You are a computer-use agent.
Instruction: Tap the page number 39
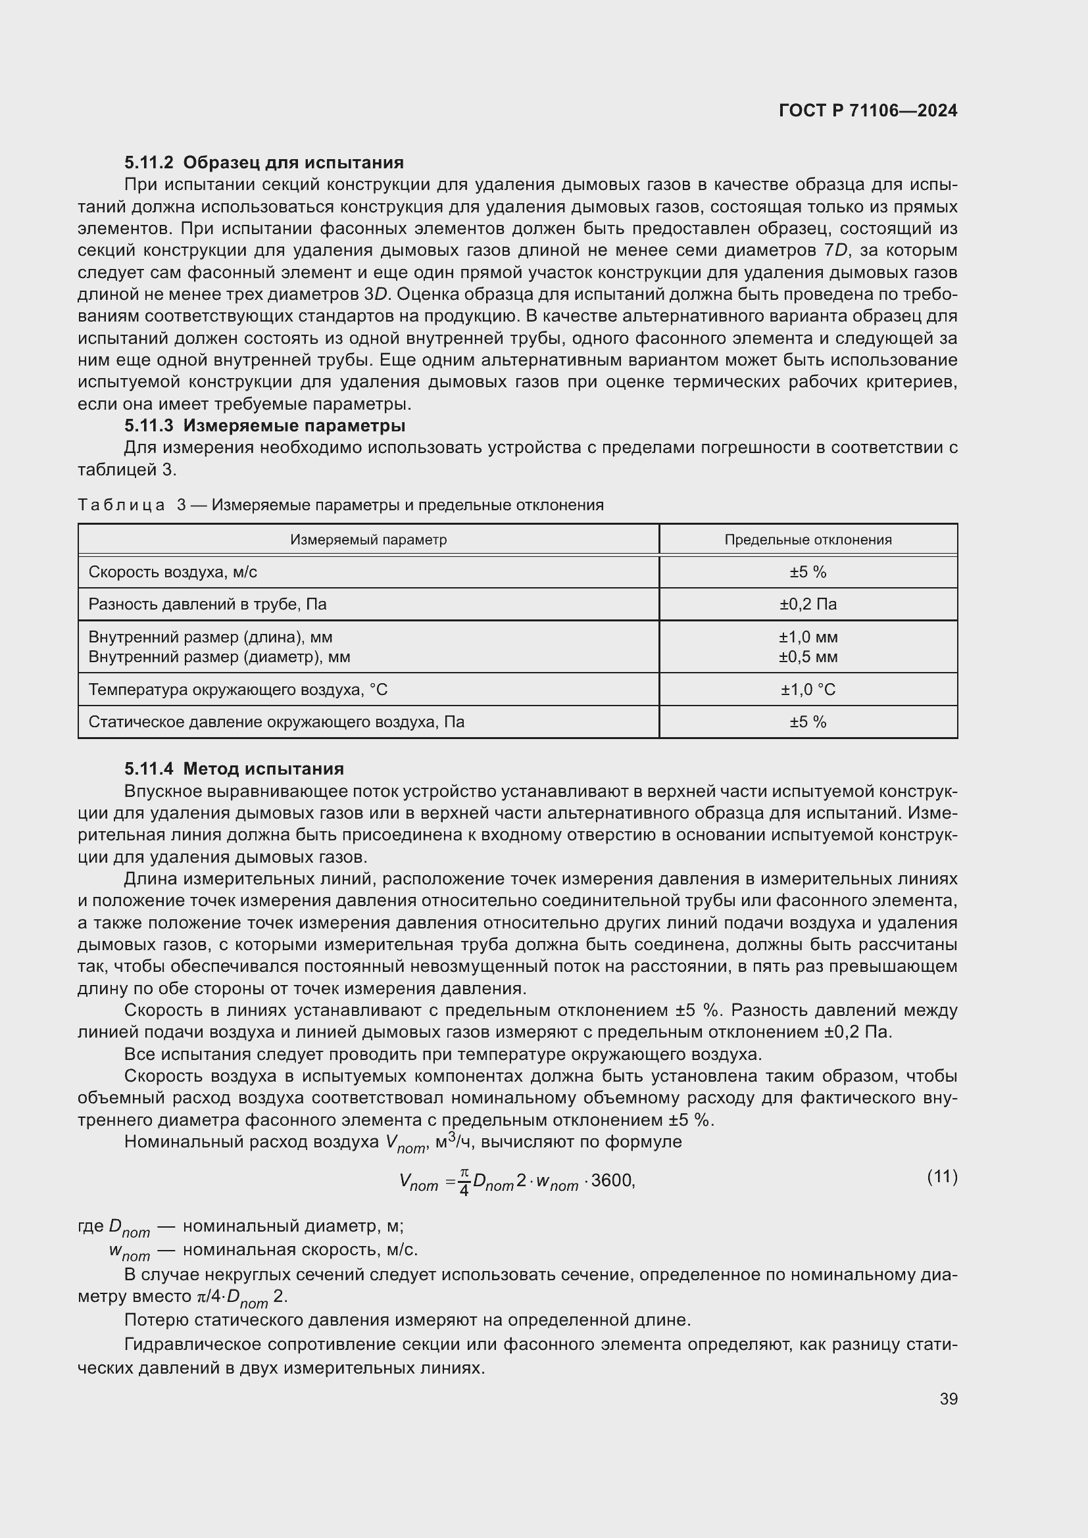click(948, 1399)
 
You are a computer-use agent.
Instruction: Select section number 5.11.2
click(149, 163)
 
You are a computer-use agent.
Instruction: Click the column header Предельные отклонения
click(808, 540)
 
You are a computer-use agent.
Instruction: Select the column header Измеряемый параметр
click(368, 540)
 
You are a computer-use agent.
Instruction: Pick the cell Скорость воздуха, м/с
click(173, 572)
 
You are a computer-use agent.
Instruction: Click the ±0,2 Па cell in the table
click(808, 604)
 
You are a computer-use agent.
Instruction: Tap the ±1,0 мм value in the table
click(808, 637)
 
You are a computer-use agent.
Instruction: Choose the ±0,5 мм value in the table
click(808, 657)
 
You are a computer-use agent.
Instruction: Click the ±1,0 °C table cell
click(808, 690)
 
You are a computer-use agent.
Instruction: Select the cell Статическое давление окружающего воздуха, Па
click(276, 722)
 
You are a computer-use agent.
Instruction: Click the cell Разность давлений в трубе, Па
click(208, 604)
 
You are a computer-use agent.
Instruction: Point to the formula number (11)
click(942, 1176)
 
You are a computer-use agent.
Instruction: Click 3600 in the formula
click(612, 1180)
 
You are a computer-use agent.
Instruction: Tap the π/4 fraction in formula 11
click(464, 1181)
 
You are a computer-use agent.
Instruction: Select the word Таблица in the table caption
click(121, 505)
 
